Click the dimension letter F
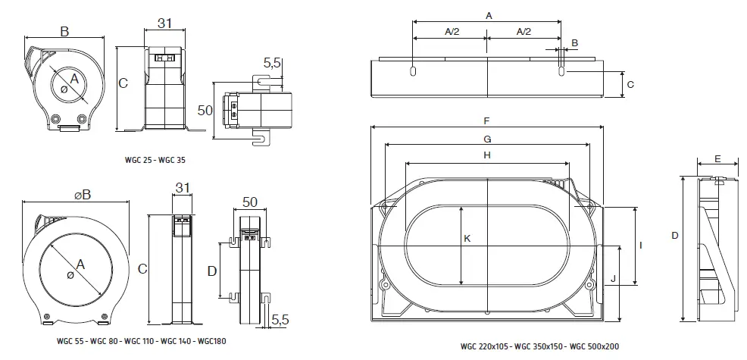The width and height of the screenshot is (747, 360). (487, 121)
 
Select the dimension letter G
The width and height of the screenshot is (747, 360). (487, 139)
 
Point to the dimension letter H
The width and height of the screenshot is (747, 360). (487, 155)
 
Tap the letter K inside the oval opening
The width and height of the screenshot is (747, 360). (467, 238)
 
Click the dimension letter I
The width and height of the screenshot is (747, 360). (642, 246)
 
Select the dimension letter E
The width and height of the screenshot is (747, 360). (717, 160)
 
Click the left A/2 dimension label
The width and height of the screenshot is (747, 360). (449, 31)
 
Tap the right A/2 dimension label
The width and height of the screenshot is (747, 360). (523, 31)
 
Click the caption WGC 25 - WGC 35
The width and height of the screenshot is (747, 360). (155, 160)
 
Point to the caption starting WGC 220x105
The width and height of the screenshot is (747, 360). (539, 346)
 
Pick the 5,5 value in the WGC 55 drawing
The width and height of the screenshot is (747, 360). (280, 321)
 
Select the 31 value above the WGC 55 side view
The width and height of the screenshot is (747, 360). (182, 188)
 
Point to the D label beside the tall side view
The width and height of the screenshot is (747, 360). (674, 236)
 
